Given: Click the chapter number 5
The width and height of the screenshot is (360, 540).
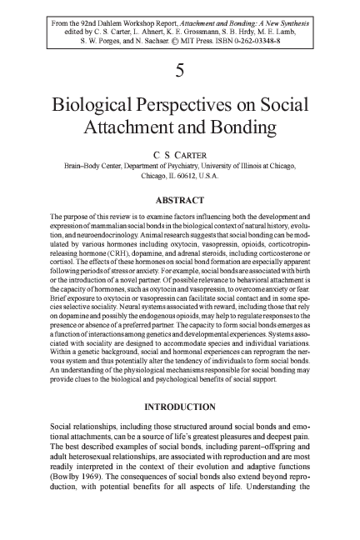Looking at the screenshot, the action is pyautogui.click(x=180, y=72).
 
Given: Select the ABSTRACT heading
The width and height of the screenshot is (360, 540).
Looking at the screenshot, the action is pyautogui.click(x=180, y=199).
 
